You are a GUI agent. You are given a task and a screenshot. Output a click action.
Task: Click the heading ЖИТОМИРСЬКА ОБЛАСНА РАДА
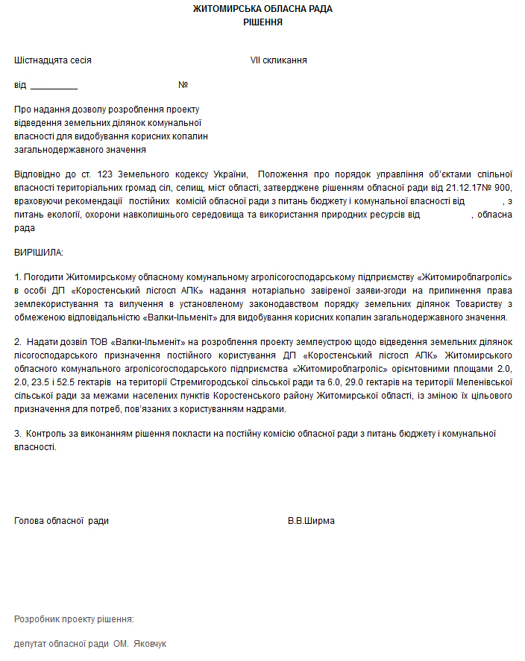pos(262,9)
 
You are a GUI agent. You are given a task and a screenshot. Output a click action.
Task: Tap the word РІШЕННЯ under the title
pos(262,22)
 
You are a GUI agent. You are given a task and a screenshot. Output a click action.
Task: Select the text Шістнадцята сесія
pos(53,60)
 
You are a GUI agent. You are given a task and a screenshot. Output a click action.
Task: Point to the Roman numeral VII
pos(256,60)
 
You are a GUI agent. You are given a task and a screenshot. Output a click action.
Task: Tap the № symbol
pos(183,85)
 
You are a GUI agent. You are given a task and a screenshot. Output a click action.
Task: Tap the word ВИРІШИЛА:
pos(39,253)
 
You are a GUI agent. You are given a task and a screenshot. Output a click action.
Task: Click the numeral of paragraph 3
pos(17,434)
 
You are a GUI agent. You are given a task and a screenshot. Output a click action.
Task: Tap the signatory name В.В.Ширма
pos(311,521)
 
